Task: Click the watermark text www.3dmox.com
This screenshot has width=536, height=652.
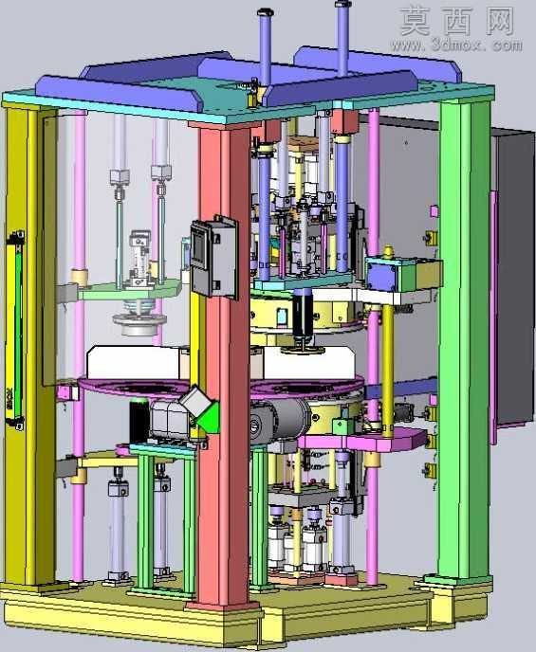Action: point(455,45)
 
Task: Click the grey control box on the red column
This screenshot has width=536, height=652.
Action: point(213,257)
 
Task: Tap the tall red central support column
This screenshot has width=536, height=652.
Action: point(224,366)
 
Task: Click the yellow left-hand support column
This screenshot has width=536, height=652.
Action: point(30,345)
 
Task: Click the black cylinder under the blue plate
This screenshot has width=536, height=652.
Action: point(303,313)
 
